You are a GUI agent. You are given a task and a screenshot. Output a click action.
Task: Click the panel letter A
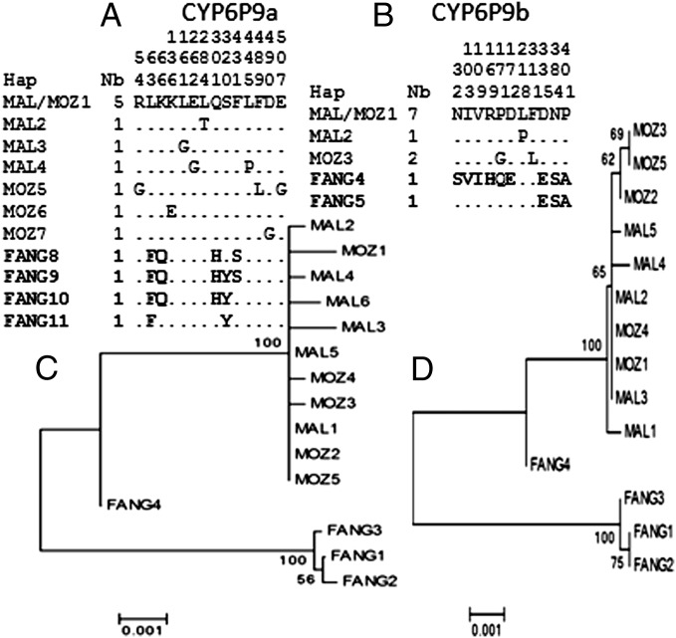coord(126,16)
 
